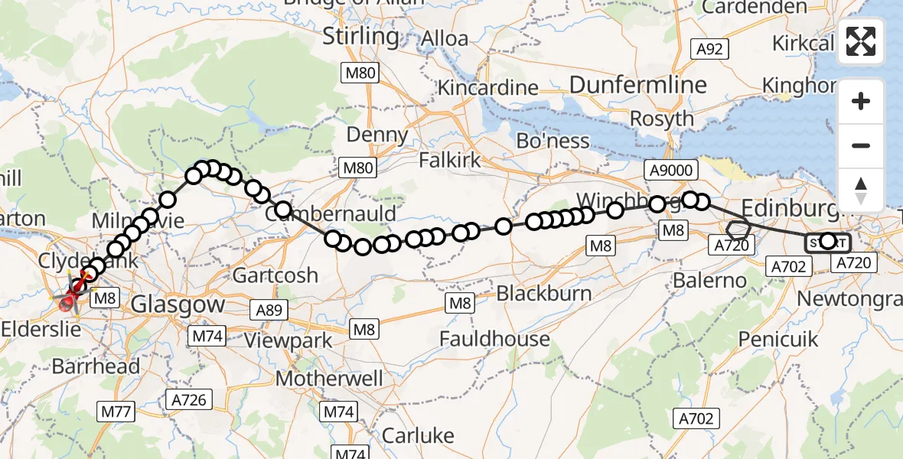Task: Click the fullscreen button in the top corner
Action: pyautogui.click(x=861, y=41)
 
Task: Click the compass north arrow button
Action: pyautogui.click(x=861, y=190)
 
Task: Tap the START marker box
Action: pyautogui.click(x=827, y=243)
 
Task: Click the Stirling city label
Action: pyautogui.click(x=360, y=36)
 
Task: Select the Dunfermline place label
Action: pyautogui.click(x=627, y=84)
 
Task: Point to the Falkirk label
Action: pyautogui.click(x=450, y=161)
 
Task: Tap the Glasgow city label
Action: pyautogui.click(x=178, y=304)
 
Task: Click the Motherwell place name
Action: pyautogui.click(x=330, y=379)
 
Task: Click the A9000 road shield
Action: pyautogui.click(x=670, y=171)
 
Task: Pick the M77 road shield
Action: pyautogui.click(x=116, y=412)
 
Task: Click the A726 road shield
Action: pyautogui.click(x=187, y=399)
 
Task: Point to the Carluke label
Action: pyautogui.click(x=417, y=436)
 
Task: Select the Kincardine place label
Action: pyautogui.click(x=487, y=88)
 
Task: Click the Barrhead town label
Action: pyautogui.click(x=96, y=366)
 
